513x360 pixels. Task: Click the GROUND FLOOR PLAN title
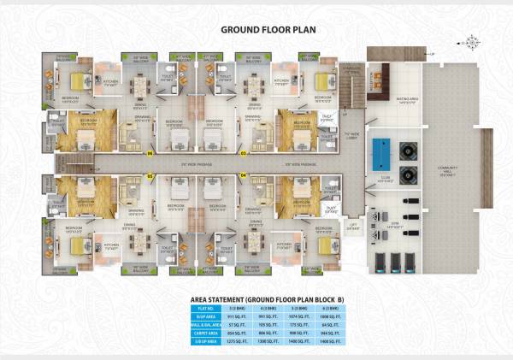pyautogui.click(x=256, y=28)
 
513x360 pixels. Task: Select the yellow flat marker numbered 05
pyautogui.click(x=150, y=174)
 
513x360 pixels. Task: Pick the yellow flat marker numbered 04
pyautogui.click(x=243, y=174)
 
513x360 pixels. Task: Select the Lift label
pyautogui.click(x=353, y=225)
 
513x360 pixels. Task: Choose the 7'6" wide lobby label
pyautogui.click(x=351, y=134)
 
